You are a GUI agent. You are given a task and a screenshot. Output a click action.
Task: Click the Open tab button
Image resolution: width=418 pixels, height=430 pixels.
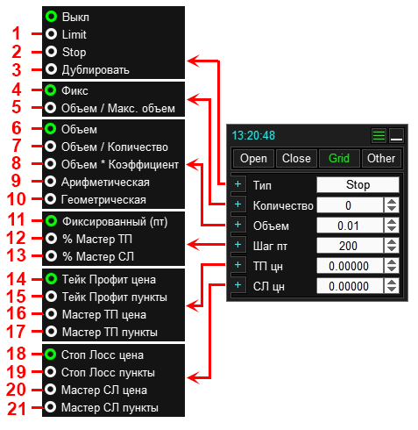tap(253, 158)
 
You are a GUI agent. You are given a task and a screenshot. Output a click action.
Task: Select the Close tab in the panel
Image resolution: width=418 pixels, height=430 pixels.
tap(296, 158)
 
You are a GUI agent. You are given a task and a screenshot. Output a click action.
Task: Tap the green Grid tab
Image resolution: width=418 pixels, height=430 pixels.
tap(339, 158)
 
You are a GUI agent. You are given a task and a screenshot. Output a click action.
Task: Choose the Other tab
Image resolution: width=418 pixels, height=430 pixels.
tap(381, 158)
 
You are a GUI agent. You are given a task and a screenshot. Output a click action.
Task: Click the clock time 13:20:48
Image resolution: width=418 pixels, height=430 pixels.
tap(253, 135)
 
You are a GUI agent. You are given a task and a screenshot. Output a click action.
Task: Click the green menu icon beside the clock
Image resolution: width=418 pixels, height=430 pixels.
tap(379, 135)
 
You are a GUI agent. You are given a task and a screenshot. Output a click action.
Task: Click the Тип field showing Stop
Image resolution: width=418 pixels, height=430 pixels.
tap(358, 184)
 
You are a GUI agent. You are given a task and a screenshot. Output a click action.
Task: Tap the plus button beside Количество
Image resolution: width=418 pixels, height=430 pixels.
tap(238, 204)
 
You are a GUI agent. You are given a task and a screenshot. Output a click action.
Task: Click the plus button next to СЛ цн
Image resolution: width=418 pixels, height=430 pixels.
tap(238, 285)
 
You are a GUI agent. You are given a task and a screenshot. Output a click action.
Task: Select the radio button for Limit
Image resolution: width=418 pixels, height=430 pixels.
tap(52, 34)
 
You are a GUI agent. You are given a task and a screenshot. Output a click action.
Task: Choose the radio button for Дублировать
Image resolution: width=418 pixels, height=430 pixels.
tap(52, 69)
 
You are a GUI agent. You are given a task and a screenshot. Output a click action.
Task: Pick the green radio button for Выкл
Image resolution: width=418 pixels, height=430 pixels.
tap(52, 17)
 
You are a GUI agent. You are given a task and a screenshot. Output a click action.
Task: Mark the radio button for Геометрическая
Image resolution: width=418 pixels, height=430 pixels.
tap(51, 199)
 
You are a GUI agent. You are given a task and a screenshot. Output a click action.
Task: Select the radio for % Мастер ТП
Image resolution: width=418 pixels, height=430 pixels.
tap(52, 239)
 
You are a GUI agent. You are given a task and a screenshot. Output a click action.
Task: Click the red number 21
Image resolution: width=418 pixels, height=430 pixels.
tap(17, 408)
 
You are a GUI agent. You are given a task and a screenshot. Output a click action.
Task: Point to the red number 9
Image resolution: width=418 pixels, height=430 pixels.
tap(16, 181)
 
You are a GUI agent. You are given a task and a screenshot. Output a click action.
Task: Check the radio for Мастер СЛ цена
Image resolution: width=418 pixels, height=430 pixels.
tap(51, 390)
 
